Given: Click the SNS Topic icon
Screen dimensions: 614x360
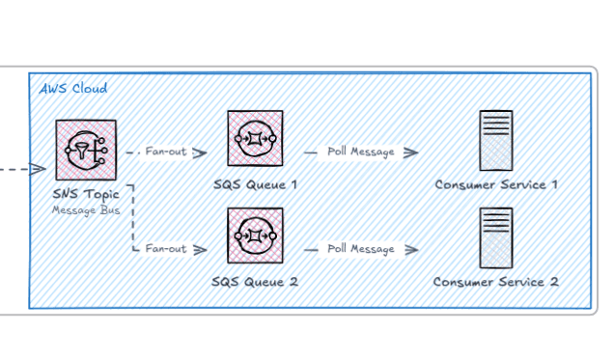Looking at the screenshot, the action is coord(86,151).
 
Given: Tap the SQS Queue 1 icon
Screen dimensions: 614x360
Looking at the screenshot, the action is coord(255,138).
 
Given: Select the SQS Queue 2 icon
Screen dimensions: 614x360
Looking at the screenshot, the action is coord(255,235).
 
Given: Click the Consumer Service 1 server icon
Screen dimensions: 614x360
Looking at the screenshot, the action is coord(496,141).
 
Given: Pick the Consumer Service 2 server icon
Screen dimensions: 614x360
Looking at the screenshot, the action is coord(496,238).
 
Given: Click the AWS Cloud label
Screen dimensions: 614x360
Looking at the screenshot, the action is coord(73,89).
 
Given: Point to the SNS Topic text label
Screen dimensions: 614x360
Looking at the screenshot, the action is coord(86,194).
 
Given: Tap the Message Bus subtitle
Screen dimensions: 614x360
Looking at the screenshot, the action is coord(86,210).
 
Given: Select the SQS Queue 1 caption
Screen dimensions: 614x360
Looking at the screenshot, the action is coord(255,184).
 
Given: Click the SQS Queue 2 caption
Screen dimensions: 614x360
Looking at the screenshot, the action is coord(255,282).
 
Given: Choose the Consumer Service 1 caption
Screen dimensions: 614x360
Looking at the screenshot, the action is coord(496,184).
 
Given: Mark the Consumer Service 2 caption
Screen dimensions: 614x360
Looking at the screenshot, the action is coord(496,282).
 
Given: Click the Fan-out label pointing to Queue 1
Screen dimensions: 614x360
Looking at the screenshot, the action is coord(166,151).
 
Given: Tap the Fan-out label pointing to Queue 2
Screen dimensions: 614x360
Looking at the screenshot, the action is coord(166,248).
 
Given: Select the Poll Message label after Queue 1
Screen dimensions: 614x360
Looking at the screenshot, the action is coord(361,152).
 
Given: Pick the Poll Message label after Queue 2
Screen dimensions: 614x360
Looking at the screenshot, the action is coord(361,249).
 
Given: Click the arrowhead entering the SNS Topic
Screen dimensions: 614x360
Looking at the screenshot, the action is coord(39,169).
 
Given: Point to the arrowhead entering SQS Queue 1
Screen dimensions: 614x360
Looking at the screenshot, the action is coord(200,152).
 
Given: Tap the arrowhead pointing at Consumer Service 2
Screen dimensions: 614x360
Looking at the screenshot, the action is coord(411,250).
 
